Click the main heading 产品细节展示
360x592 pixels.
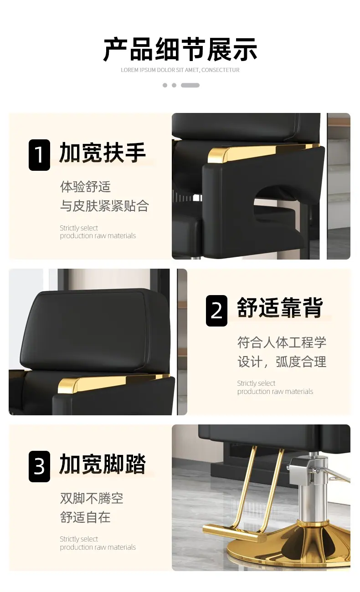coord(180,50)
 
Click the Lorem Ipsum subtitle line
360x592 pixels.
coord(180,70)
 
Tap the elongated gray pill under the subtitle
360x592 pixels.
coord(190,85)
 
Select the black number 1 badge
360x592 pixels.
coord(39,155)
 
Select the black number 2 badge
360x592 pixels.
coord(216,311)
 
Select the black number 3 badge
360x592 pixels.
coord(39,466)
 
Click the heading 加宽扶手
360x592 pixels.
coord(103,153)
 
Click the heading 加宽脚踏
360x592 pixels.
coord(103,464)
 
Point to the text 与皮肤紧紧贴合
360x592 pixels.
coord(104,206)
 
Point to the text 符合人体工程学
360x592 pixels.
coord(282,342)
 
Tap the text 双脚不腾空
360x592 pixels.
coord(92,498)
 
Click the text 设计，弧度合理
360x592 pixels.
coord(282,362)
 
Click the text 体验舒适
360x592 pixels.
coord(85,187)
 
